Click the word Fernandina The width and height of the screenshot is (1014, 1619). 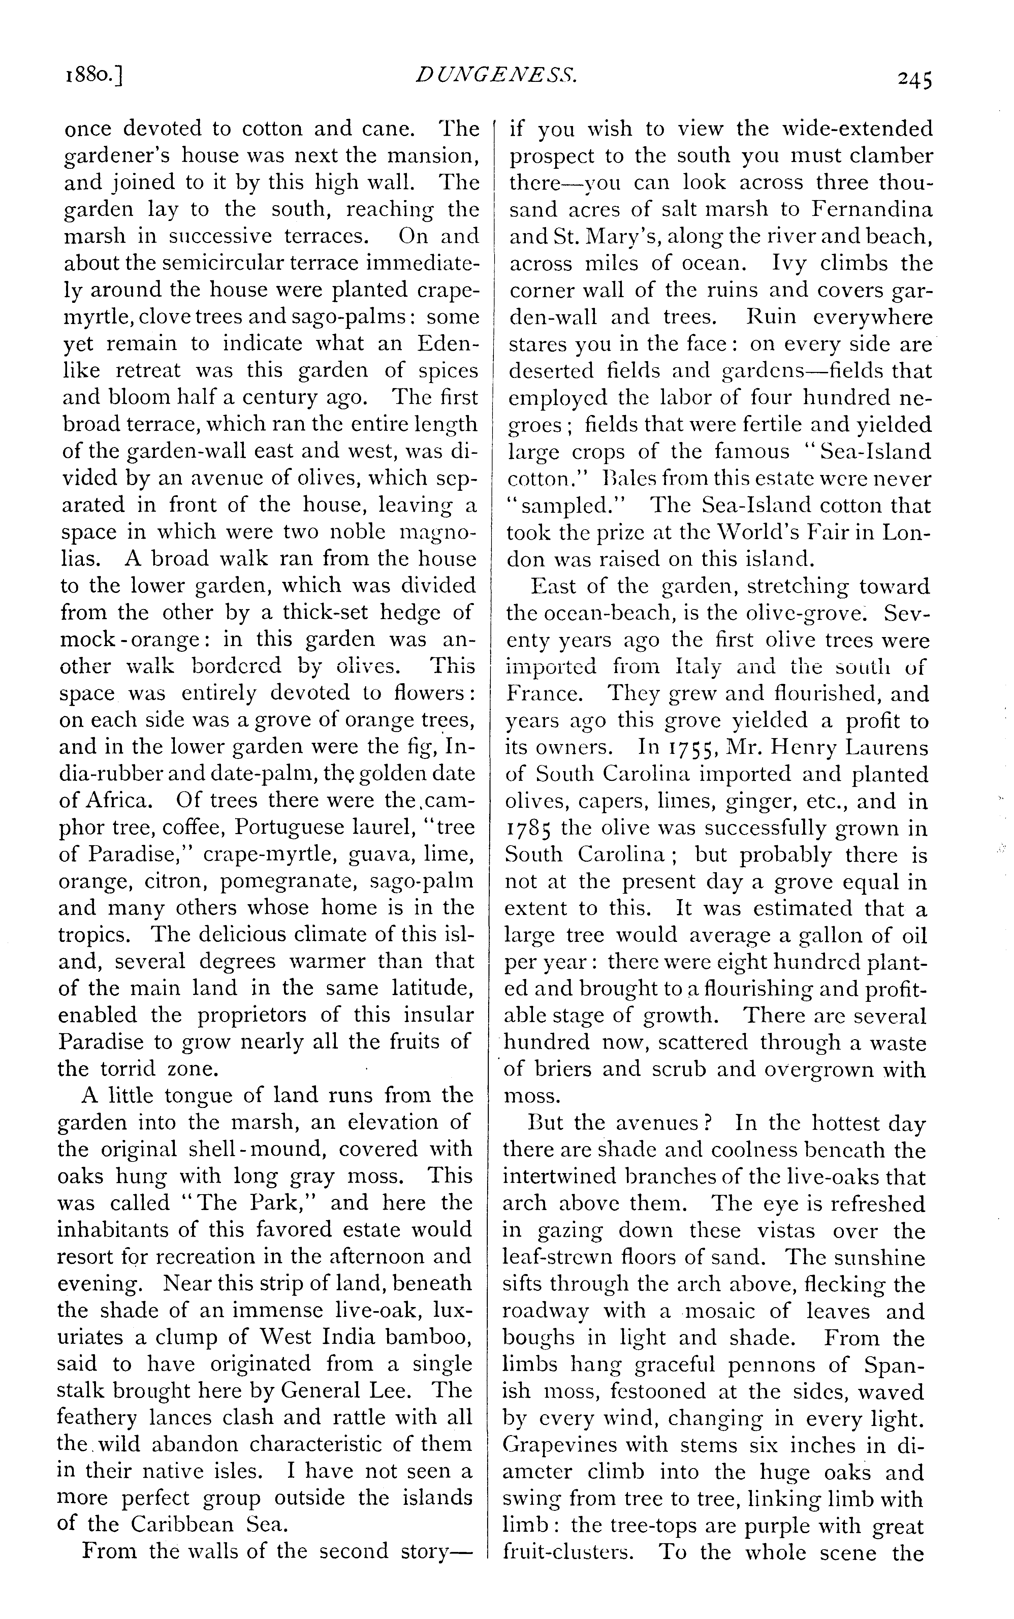click(x=872, y=209)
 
